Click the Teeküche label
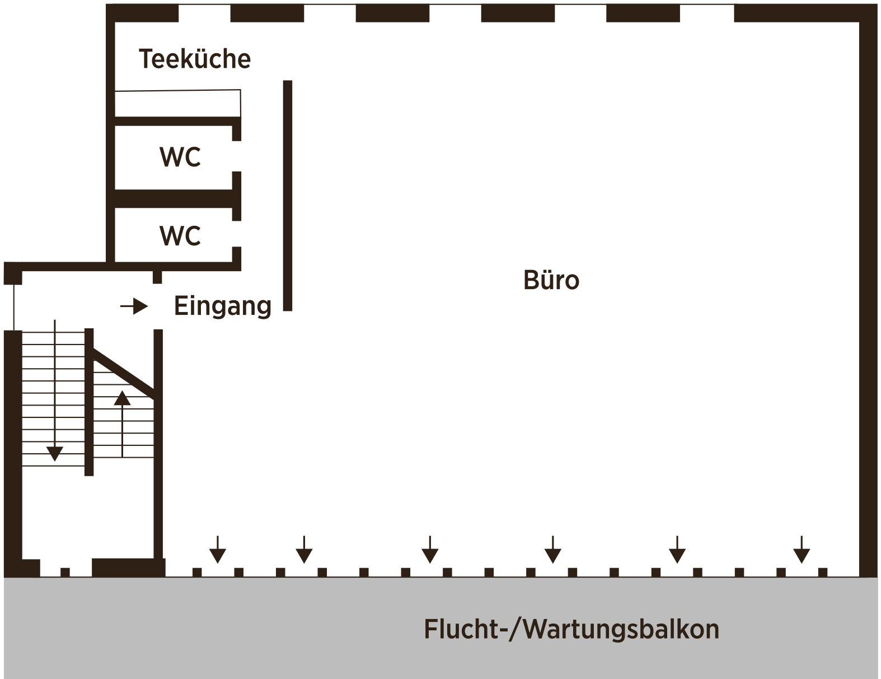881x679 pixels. pos(194,59)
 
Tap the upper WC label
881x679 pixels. pos(180,157)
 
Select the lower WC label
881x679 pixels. pos(180,236)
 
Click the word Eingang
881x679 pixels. pos(223,306)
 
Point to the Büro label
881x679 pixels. pos(551,280)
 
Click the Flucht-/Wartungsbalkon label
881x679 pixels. pos(571,629)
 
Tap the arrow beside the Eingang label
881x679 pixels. pos(135,306)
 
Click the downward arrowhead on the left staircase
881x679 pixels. pos(55,453)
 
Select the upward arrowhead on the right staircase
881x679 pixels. pos(122,398)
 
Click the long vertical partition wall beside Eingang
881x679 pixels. pos(288,196)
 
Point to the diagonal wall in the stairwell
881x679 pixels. pos(124,370)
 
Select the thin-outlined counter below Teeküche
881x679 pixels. pos(177,103)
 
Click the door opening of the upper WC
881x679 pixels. pos(237,156)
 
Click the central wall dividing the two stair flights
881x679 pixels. pos(89,402)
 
